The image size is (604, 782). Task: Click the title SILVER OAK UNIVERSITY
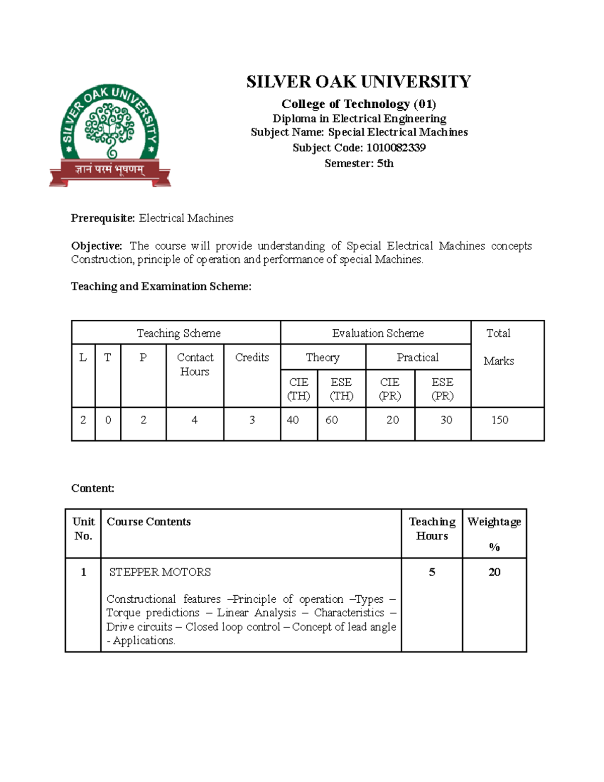click(358, 82)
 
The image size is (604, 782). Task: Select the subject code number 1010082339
click(396, 148)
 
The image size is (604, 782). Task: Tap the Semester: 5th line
click(359, 163)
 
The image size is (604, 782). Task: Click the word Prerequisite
click(103, 218)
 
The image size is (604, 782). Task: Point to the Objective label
click(96, 246)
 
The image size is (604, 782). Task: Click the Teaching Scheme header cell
click(178, 333)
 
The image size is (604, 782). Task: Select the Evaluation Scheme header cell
click(377, 333)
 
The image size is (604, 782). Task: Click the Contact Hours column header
click(195, 364)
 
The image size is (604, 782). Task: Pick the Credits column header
click(252, 358)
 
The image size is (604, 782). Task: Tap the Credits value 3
click(252, 420)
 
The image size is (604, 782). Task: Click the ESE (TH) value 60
click(332, 420)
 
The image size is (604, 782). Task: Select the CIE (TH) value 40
click(292, 420)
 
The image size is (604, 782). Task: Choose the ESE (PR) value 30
click(446, 420)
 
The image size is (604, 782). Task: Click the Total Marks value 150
click(500, 420)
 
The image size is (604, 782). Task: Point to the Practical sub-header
click(417, 358)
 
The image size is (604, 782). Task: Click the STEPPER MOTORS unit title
click(160, 572)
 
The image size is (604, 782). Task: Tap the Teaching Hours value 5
click(432, 572)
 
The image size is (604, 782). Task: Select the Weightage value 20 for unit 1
click(494, 572)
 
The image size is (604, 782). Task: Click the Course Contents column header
click(148, 522)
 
